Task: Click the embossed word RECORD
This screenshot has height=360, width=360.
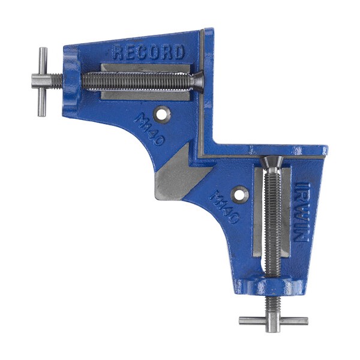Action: click(149, 53)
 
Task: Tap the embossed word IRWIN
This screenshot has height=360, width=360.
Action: click(301, 212)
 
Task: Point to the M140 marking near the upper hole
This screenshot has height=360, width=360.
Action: click(149, 130)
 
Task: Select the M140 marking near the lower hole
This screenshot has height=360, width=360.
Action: click(224, 206)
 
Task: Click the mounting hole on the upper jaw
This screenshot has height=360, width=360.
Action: click(163, 115)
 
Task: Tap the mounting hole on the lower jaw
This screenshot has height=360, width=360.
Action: click(240, 194)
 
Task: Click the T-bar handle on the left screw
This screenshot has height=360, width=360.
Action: click(43, 82)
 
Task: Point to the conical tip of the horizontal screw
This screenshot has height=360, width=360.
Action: click(197, 81)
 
